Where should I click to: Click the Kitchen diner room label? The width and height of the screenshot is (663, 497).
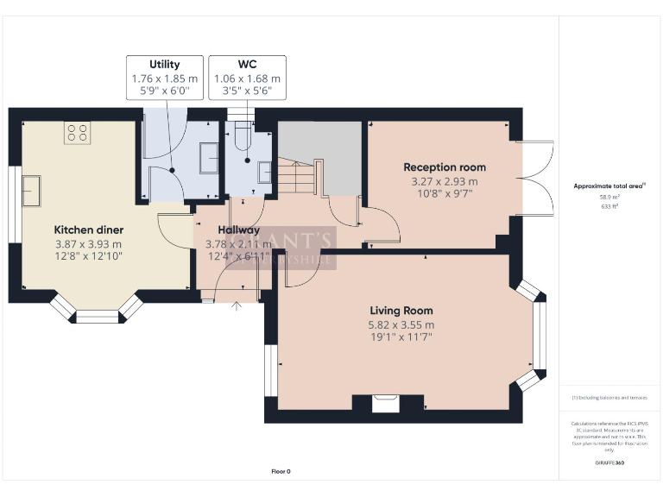(x=89, y=230)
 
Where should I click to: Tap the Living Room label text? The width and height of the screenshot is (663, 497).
(x=401, y=311)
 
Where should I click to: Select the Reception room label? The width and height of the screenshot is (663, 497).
(x=445, y=167)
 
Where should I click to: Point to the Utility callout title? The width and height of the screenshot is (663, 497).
(x=164, y=65)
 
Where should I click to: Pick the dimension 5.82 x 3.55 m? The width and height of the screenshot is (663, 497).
(x=401, y=325)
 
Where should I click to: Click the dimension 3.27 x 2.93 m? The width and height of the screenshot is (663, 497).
(x=445, y=181)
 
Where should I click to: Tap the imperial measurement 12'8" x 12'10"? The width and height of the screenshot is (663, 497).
(x=89, y=257)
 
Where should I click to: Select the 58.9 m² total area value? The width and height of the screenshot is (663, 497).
(x=609, y=197)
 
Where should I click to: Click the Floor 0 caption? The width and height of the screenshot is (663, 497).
(x=281, y=471)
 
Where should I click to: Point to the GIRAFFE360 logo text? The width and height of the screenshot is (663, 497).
(x=609, y=463)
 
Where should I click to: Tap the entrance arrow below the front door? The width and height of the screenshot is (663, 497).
(x=237, y=305)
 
